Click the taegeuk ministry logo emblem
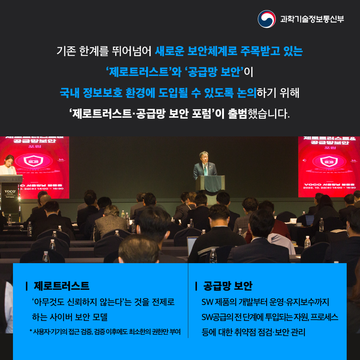point(267,19)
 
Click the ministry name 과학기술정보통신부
point(312,19)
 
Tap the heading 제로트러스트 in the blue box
point(62,286)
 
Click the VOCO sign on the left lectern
point(10,192)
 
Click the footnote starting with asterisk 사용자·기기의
point(105,331)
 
